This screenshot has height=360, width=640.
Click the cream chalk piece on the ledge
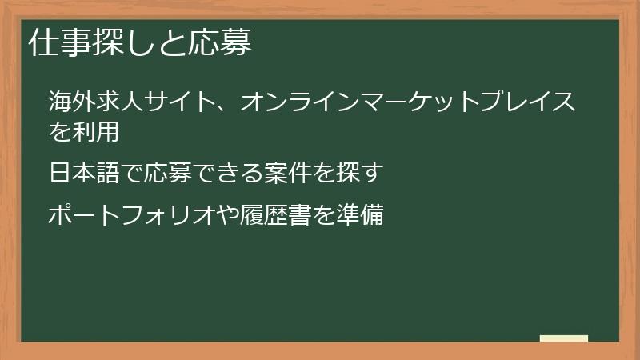564,338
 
